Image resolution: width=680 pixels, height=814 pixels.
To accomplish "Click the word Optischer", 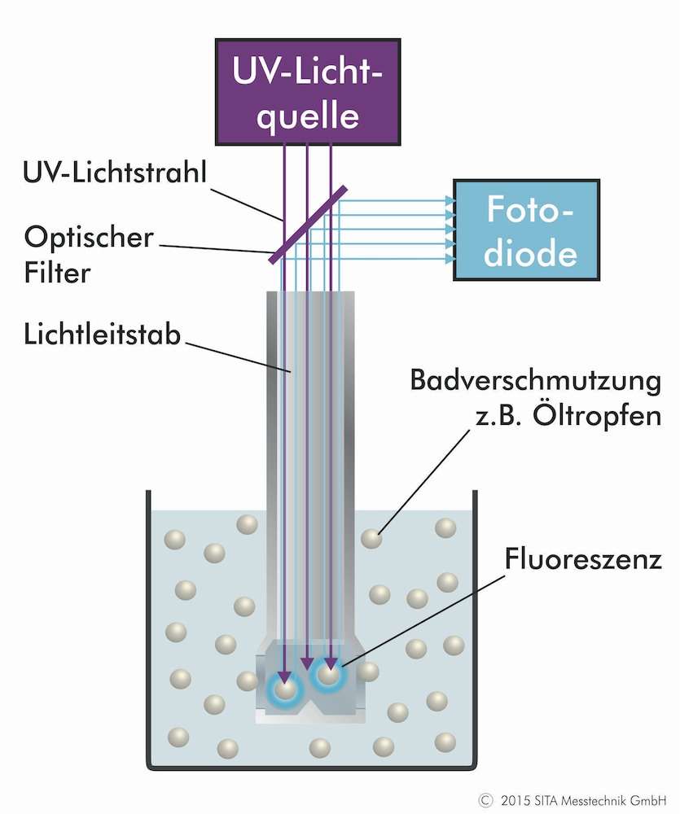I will [x=89, y=237].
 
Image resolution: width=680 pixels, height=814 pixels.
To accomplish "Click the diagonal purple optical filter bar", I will [x=309, y=225].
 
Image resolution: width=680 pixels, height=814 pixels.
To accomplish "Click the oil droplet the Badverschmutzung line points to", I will [x=371, y=538].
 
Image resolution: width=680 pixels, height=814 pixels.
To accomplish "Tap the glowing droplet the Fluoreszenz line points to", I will [x=328, y=674].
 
